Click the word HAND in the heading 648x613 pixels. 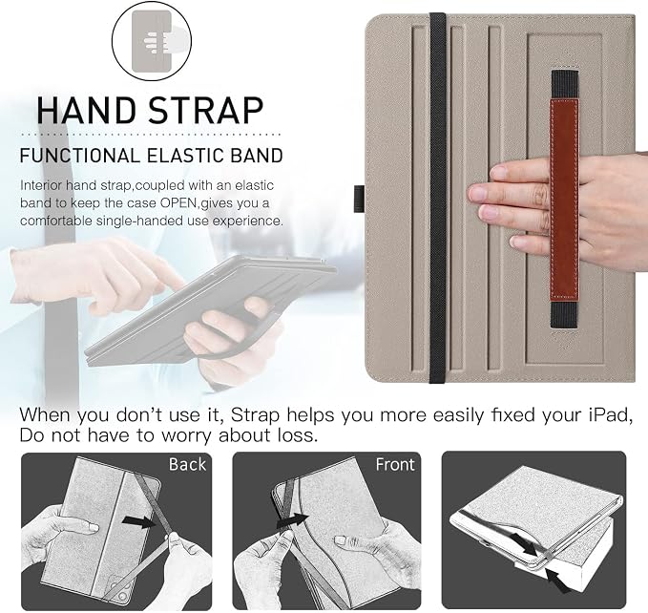click(x=87, y=111)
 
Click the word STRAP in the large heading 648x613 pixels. click(x=206, y=111)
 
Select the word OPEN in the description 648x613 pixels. click(x=179, y=203)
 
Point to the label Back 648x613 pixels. click(x=187, y=464)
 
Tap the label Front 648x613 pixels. click(x=395, y=464)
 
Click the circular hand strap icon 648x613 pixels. click(x=152, y=40)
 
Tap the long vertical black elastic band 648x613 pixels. click(x=437, y=198)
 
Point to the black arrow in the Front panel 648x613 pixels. click(x=293, y=520)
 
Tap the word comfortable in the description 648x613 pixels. click(x=56, y=221)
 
